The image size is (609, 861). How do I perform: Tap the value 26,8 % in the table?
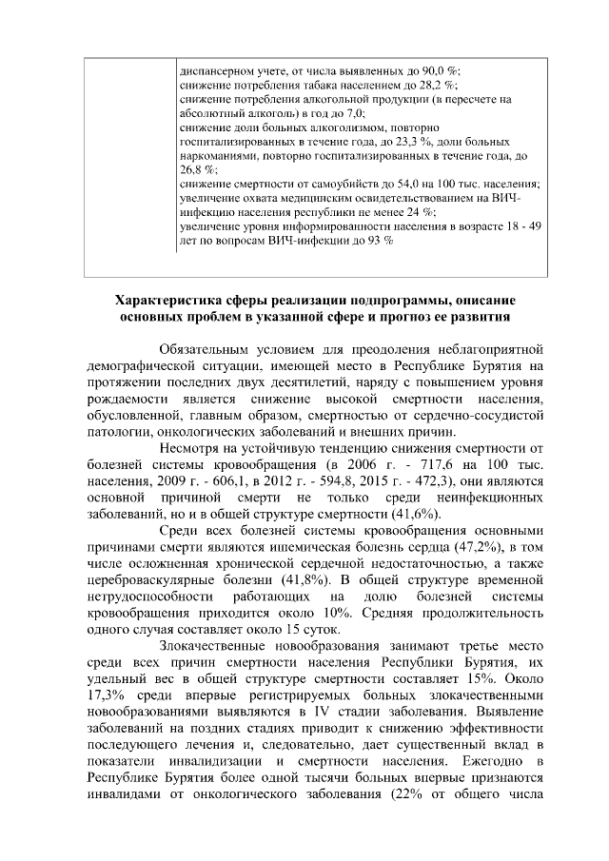click(197, 166)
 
